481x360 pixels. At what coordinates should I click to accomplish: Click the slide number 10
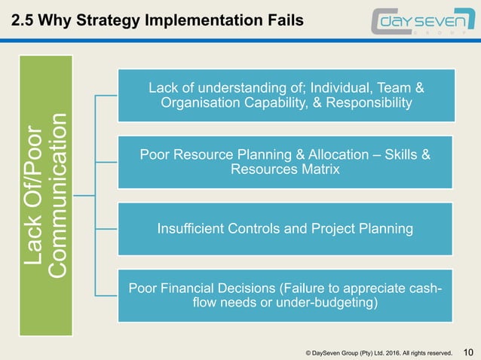pyautogui.click(x=468, y=351)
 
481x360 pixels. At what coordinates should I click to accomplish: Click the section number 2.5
pyautogui.click(x=22, y=20)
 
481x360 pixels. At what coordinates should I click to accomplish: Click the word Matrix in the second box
pyautogui.click(x=320, y=170)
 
